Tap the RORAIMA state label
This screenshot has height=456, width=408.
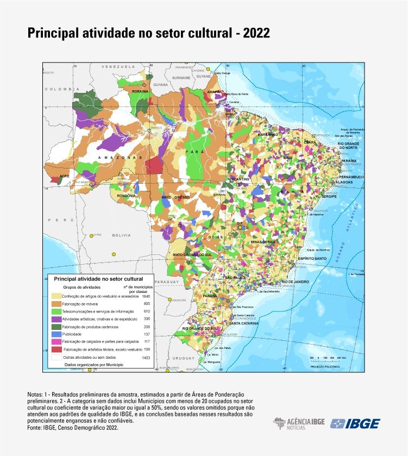click(x=140, y=92)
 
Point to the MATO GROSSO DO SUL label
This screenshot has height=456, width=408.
click(x=192, y=254)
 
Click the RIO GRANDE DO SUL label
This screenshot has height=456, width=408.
click(x=199, y=329)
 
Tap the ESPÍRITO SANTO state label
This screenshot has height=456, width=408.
click(x=312, y=258)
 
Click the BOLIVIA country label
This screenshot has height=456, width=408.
click(x=121, y=235)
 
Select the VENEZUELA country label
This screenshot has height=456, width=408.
click(x=118, y=66)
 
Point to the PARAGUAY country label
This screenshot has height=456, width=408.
click(x=166, y=282)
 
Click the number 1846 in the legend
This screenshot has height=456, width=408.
click(x=146, y=296)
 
